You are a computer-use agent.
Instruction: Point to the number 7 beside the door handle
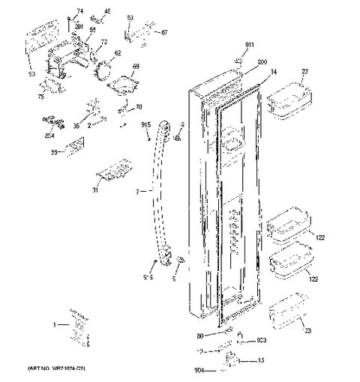click(136, 192)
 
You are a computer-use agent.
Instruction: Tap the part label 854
click(49, 136)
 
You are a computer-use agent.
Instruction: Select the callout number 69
click(136, 67)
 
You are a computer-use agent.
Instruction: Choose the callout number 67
click(164, 32)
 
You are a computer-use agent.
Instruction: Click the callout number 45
click(106, 11)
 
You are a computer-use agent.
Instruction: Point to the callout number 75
click(41, 97)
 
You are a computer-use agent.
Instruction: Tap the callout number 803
click(262, 341)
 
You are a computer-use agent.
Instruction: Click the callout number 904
click(199, 369)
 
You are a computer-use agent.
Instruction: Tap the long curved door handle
click(160, 195)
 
